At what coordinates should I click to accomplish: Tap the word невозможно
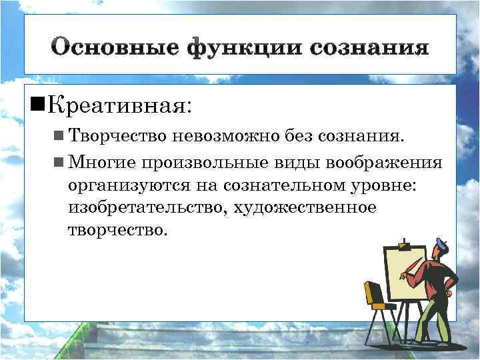(x=221, y=137)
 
